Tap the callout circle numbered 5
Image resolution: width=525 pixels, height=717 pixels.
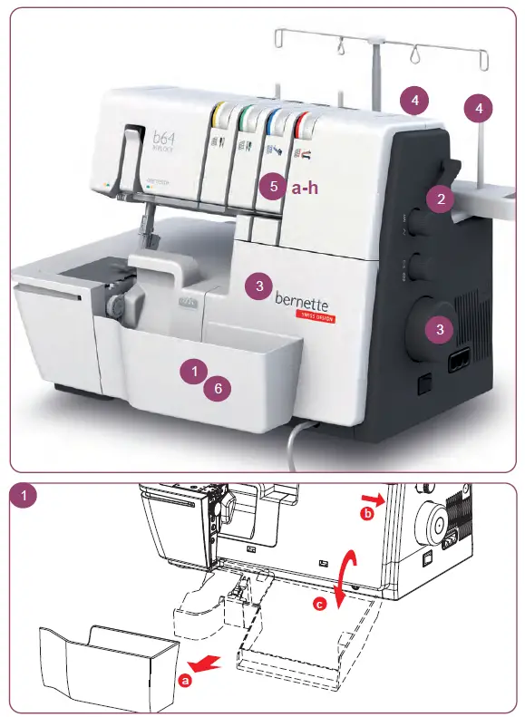tap(277, 187)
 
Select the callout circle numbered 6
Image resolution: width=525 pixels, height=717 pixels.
tap(215, 388)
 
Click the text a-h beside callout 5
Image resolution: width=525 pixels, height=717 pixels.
tap(306, 188)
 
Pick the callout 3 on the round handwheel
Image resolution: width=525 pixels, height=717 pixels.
tap(440, 329)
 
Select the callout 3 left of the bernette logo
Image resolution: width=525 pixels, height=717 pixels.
tap(259, 286)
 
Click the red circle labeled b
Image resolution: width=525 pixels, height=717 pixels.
tap(366, 514)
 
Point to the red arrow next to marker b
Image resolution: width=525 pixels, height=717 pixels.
tap(370, 497)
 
